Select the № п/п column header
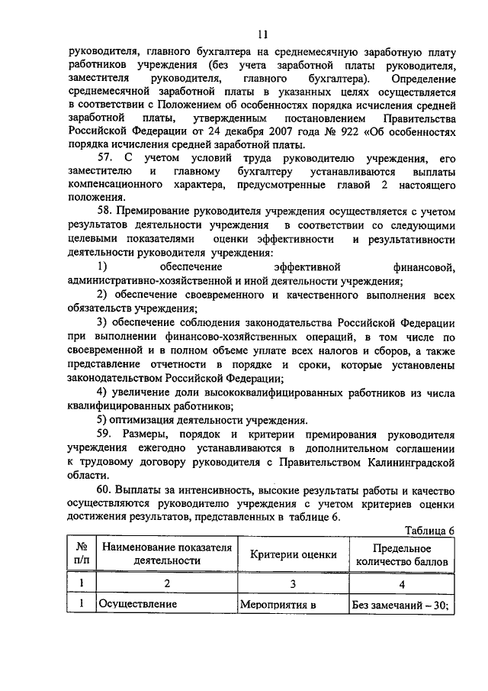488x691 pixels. tap(81, 554)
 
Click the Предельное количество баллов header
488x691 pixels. tap(402, 554)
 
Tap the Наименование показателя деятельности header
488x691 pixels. tap(165, 554)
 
